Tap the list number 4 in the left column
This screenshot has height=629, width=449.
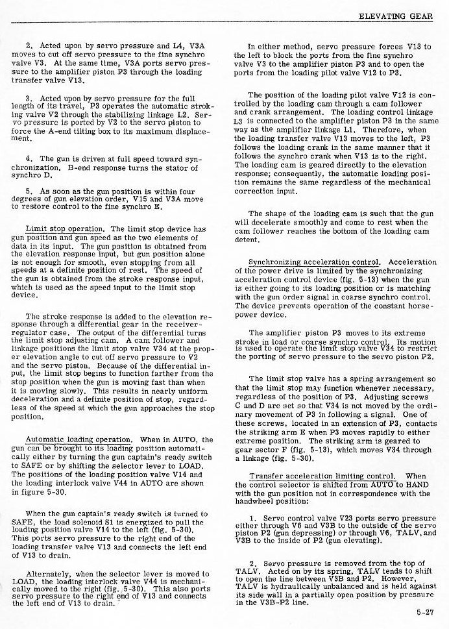tap(29, 158)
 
